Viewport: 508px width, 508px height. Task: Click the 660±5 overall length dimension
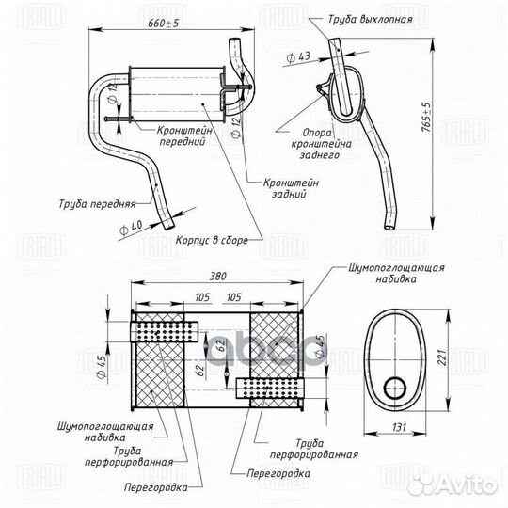click(163, 23)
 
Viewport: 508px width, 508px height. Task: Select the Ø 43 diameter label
click(298, 57)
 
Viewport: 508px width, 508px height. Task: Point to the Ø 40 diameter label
click(131, 228)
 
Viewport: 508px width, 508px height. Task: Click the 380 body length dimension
click(217, 277)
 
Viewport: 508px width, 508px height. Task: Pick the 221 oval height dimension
click(442, 356)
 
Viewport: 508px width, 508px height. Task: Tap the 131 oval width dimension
click(399, 427)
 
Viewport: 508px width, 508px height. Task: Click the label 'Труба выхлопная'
click(371, 19)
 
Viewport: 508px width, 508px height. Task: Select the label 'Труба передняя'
click(97, 204)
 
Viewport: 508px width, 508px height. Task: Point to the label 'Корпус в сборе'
click(212, 241)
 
